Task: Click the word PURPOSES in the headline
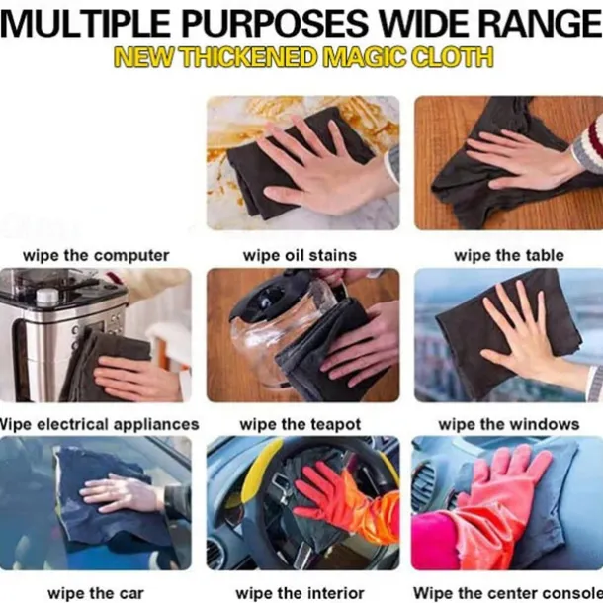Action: [x=275, y=24]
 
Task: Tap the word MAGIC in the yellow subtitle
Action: [x=364, y=57]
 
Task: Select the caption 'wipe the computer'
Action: [x=96, y=256]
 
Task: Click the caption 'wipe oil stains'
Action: [x=300, y=256]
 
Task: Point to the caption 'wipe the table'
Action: [x=509, y=256]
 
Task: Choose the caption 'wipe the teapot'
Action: [x=300, y=424]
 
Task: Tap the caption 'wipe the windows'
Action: [x=509, y=424]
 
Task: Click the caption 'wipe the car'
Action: [x=96, y=593]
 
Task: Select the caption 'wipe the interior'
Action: [x=300, y=593]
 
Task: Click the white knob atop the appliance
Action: [x=47, y=296]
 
